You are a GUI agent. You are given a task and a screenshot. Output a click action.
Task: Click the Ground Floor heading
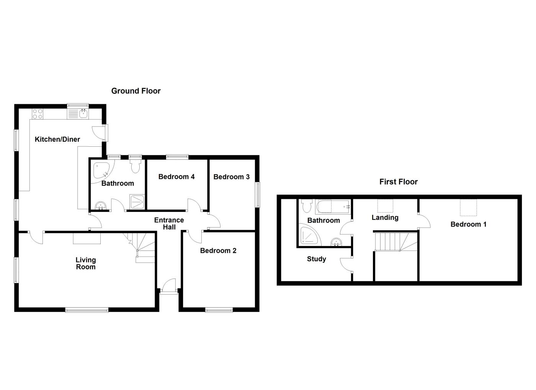point(136,91)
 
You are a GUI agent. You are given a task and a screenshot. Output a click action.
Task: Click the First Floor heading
point(398,182)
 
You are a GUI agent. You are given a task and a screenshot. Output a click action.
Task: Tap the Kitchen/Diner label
point(57,139)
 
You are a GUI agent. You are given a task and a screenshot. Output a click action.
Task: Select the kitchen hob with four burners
point(38,113)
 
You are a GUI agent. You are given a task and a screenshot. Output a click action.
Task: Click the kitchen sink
point(83,113)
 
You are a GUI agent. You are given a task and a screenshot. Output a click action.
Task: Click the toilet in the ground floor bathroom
point(135,166)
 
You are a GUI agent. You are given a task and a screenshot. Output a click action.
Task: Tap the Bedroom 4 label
point(176,177)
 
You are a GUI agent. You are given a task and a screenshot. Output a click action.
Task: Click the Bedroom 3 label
point(231,177)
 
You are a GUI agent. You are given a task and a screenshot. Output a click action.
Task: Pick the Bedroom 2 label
point(218,251)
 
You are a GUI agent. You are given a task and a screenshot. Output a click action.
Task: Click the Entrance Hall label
point(169,223)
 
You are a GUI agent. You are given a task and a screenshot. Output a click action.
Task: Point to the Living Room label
point(85,264)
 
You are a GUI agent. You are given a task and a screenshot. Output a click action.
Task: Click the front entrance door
point(168,287)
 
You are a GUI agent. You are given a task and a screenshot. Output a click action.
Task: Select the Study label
point(316,259)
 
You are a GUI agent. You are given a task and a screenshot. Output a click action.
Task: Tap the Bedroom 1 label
point(468,224)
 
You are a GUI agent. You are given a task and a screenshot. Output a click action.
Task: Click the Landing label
point(385,218)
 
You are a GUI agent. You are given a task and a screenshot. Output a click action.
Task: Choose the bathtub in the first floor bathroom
point(332,207)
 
